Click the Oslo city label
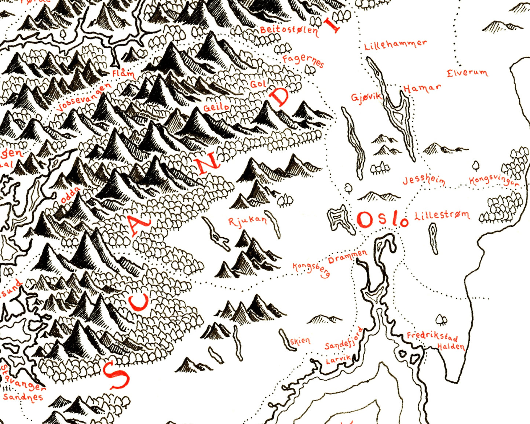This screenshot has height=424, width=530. click(x=383, y=220)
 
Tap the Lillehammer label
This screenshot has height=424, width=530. click(x=395, y=45)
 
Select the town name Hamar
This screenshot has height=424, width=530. click(x=422, y=88)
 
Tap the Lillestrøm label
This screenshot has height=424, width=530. click(x=442, y=215)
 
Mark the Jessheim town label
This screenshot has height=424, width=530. click(x=424, y=180)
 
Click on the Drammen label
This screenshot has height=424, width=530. click(x=347, y=257)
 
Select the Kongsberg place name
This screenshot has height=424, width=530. click(x=311, y=269)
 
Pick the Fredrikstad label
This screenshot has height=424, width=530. click(x=432, y=337)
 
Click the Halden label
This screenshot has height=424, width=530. click(x=451, y=347)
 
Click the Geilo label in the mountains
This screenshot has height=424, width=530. click(x=216, y=107)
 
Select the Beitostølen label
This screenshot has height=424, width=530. click(x=289, y=29)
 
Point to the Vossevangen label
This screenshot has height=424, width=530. click(x=85, y=97)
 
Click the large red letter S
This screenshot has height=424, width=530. click(x=116, y=374)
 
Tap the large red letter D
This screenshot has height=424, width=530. click(x=280, y=97)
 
